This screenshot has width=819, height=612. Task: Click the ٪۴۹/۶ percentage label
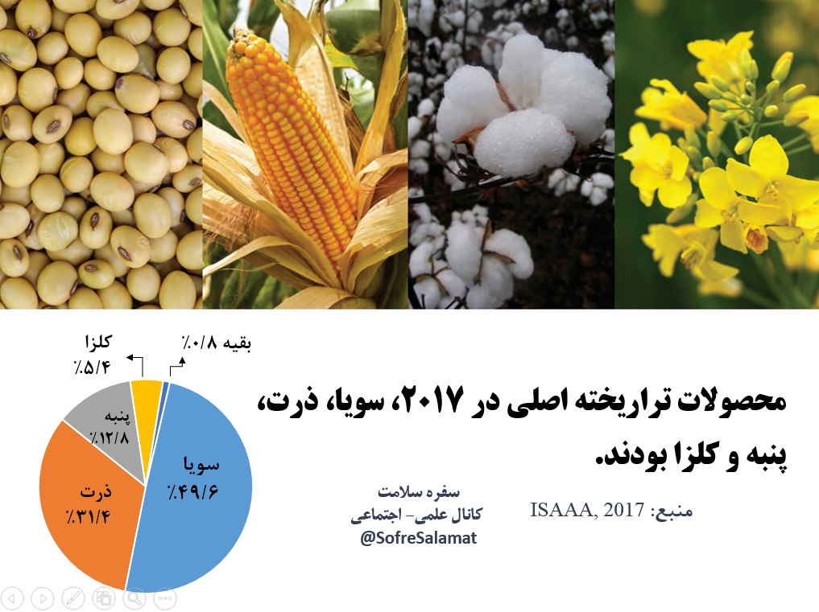click(193, 491)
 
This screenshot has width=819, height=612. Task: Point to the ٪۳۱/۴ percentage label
click(89, 517)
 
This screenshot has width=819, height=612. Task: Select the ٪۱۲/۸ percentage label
click(110, 437)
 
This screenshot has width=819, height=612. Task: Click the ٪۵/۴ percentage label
click(92, 368)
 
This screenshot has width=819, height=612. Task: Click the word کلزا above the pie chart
click(97, 343)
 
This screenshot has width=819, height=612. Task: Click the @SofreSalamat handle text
click(419, 538)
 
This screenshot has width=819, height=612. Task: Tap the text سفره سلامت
click(419, 492)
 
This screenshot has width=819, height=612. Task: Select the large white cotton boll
click(523, 105)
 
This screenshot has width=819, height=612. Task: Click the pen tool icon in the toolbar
click(73, 598)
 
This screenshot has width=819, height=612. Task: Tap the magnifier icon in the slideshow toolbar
click(134, 598)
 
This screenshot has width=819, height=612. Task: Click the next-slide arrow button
click(43, 598)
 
